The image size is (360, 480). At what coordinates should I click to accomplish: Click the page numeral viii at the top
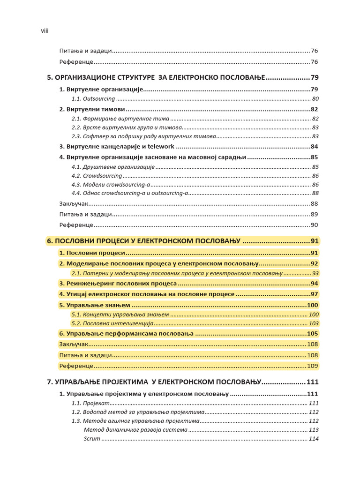(x=45, y=31)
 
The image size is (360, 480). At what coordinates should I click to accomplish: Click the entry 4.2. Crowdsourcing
(x=97, y=176)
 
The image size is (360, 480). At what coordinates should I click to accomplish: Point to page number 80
(x=315, y=99)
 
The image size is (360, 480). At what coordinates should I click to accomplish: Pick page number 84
(x=314, y=147)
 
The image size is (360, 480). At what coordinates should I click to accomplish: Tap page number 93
(x=315, y=273)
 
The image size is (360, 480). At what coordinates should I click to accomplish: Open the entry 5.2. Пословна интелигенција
(x=112, y=323)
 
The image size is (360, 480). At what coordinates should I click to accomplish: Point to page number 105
(x=313, y=334)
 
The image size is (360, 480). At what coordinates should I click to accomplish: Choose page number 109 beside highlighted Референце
(x=313, y=366)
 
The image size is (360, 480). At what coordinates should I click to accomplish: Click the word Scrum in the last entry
(x=92, y=439)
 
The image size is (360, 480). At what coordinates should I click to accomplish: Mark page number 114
(x=314, y=439)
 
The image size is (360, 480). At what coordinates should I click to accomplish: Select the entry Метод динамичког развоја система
(x=135, y=430)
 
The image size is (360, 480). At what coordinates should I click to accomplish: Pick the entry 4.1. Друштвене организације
(x=113, y=167)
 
